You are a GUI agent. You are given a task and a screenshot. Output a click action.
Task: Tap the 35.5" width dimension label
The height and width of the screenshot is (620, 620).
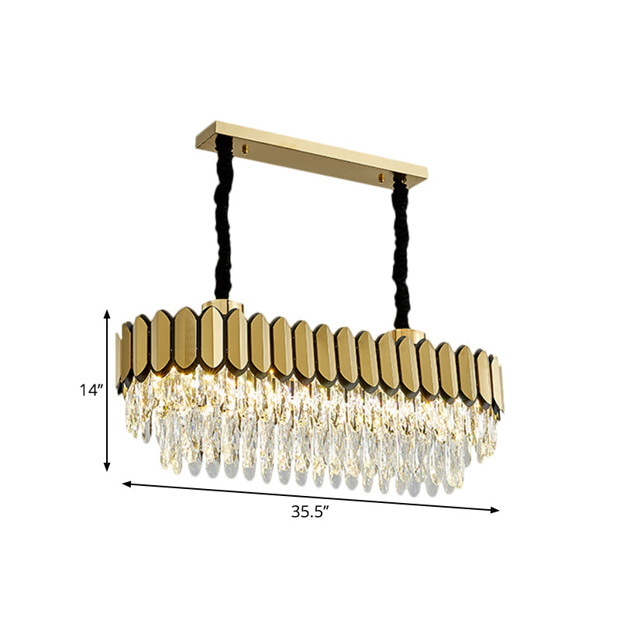tap(309, 511)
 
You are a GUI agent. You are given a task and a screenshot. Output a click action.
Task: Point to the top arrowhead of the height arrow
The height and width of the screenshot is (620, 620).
tap(108, 313)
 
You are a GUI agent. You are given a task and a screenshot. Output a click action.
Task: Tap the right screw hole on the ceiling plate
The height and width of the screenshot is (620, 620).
tap(381, 179)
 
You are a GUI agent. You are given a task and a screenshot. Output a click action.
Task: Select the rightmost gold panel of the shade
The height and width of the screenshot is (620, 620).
tap(498, 384)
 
